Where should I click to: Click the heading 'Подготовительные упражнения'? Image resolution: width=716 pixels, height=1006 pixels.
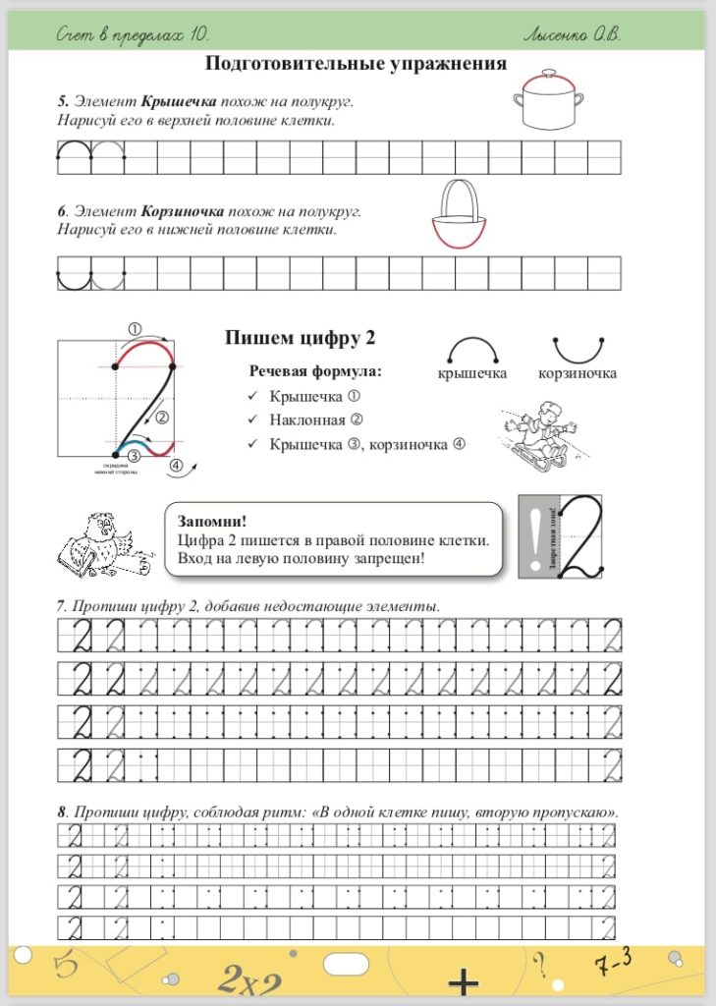pos(356,64)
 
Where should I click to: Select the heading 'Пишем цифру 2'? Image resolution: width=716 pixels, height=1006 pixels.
pos(301,338)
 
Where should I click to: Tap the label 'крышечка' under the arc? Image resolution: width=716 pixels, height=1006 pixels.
pos(472,374)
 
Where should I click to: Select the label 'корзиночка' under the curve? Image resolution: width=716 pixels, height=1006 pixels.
pos(578,374)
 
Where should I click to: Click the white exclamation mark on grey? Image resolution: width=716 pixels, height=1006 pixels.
pos(531,536)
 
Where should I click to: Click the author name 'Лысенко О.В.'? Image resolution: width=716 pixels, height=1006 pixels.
pos(573,34)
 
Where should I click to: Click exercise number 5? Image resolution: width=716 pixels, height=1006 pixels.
pos(62,101)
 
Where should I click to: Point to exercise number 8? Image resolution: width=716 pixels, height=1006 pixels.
pos(62,812)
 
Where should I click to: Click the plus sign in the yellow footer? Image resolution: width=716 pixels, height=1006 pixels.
pos(463,982)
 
